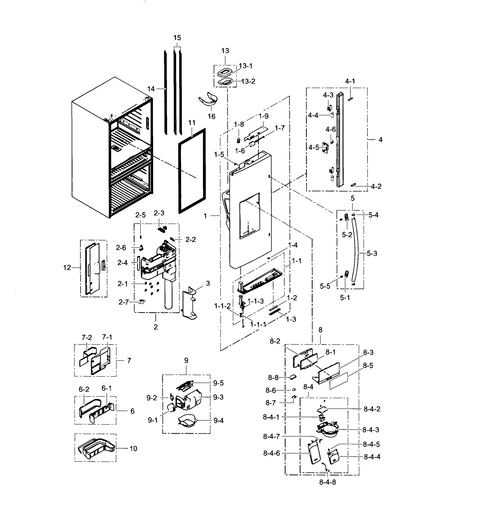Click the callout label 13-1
pos(246,66)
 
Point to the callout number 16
pos(211,117)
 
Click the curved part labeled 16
pos(209,100)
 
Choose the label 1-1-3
pos(255,301)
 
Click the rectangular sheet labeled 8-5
pos(338,381)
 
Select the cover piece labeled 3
pos(189,304)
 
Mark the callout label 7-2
pos(87,338)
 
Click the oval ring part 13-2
pos(225,82)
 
